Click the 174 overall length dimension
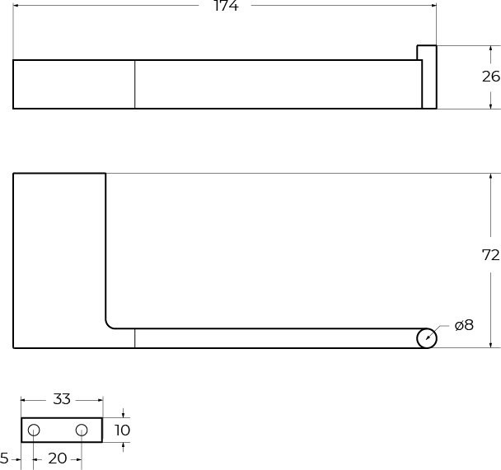click(226, 6)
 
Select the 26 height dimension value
click(491, 77)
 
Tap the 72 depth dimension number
click(490, 255)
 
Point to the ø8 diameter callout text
click(464, 325)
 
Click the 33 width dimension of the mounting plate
click(62, 399)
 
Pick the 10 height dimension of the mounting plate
click(122, 430)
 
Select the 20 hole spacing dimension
click(58, 458)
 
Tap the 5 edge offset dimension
click(4, 458)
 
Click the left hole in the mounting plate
click(34, 430)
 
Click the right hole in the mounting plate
click(82, 430)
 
